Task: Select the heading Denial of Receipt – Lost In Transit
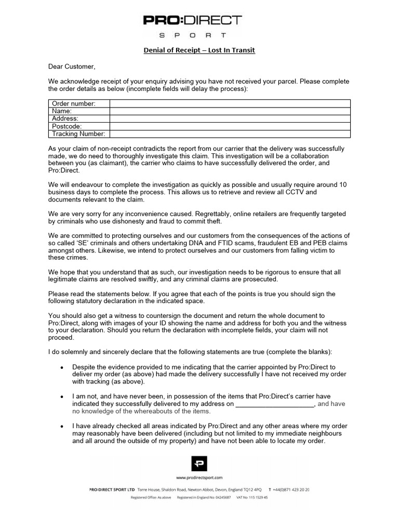coord(199,50)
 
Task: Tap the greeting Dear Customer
coord(72,66)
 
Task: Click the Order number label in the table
coord(73,104)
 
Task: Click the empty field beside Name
coord(230,111)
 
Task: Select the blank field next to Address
coord(230,118)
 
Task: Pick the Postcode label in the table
coord(67,126)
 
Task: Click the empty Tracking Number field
coord(230,134)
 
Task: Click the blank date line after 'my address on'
coord(275,404)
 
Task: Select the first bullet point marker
coord(62,367)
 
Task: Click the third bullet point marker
coord(62,426)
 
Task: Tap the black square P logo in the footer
coord(199,463)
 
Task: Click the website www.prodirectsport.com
coord(199,477)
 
